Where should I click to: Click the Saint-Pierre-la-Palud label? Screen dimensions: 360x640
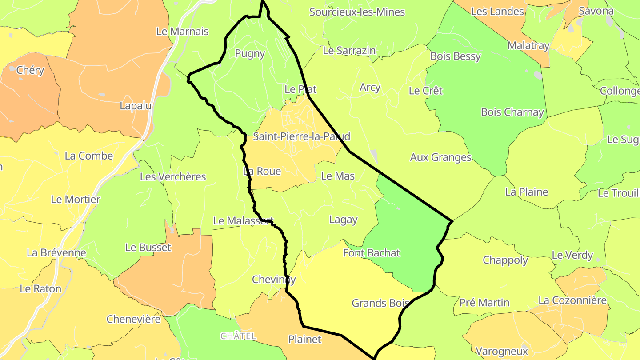click(301, 136)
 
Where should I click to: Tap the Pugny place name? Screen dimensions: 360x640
click(250, 54)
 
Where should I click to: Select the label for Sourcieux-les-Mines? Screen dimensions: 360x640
click(357, 12)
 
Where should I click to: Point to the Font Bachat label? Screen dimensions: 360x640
click(372, 253)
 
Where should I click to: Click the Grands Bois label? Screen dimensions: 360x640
click(380, 303)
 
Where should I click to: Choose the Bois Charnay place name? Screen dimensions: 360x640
click(512, 112)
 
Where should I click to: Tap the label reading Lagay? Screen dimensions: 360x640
click(343, 220)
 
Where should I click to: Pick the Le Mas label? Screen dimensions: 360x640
click(338, 176)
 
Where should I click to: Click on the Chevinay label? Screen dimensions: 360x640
click(274, 280)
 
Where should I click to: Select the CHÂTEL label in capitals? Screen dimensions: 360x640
click(238, 336)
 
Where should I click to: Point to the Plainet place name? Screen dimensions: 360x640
click(304, 340)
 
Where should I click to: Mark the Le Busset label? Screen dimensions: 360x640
click(148, 248)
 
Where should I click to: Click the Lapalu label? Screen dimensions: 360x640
click(136, 106)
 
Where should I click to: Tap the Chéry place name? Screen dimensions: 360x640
click(30, 70)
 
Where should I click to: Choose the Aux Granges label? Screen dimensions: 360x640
click(440, 157)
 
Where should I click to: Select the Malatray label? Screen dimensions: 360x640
click(528, 46)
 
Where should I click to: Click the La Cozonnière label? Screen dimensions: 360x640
click(572, 300)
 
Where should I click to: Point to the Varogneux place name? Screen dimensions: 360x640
click(501, 351)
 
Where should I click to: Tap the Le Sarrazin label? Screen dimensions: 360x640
click(349, 51)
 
